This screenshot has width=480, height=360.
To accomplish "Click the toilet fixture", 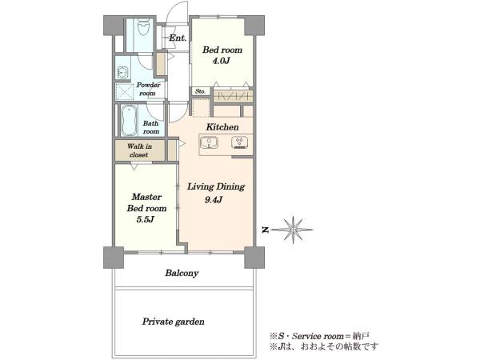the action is click(x=143, y=28).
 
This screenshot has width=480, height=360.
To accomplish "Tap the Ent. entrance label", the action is click(x=178, y=38).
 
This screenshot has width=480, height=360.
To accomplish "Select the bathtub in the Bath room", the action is click(x=129, y=121).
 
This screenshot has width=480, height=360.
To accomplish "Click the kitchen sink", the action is click(x=209, y=143).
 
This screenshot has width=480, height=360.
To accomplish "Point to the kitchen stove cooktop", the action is click(x=240, y=143).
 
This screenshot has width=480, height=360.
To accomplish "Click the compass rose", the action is click(x=293, y=230).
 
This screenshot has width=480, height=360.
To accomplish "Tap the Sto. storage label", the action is click(x=200, y=91).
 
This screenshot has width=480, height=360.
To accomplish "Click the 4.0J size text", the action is click(x=221, y=61).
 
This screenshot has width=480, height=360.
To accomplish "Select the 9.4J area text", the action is click(x=214, y=200).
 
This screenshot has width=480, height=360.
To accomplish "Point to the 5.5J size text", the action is click(x=145, y=219).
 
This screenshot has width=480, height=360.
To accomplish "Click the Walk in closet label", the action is click(x=139, y=150).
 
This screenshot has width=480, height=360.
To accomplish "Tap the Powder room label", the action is click(x=148, y=89).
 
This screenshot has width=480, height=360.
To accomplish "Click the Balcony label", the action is click(x=182, y=273).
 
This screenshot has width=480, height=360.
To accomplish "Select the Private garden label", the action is click(x=174, y=322).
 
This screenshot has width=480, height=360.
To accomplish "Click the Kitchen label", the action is click(x=222, y=127).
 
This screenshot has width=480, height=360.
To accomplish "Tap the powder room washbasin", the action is click(x=122, y=73).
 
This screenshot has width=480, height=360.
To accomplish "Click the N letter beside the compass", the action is click(x=266, y=230).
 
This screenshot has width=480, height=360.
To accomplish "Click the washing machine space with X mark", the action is click(x=125, y=91).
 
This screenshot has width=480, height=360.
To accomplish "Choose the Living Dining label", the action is click(x=216, y=186).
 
